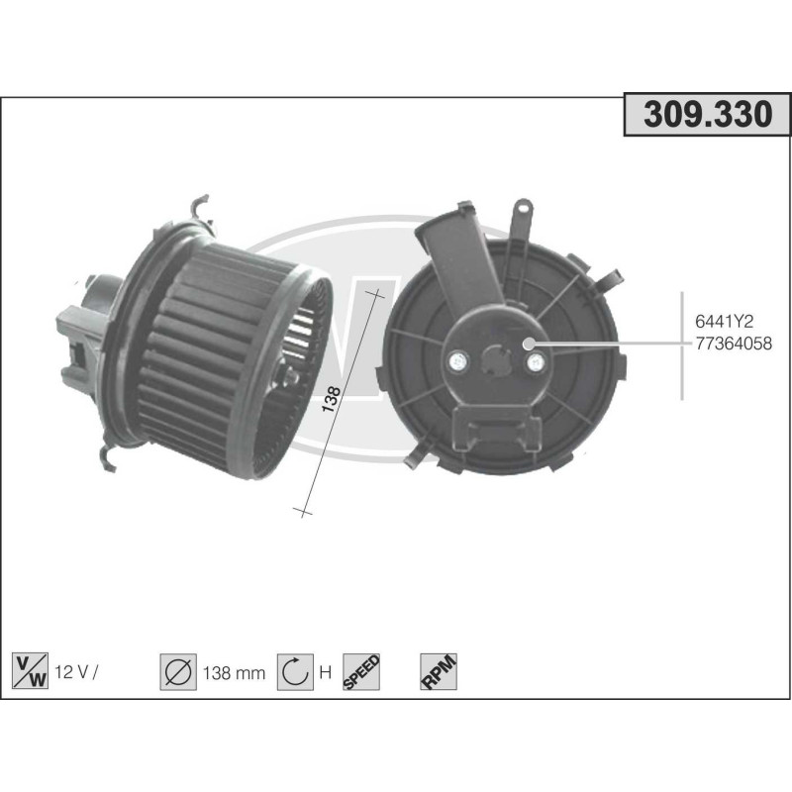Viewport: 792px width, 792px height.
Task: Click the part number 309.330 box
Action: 707,116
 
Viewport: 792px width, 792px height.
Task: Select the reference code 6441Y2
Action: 726,323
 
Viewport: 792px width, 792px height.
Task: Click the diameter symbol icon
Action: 178,672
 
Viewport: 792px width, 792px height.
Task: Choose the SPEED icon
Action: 361,672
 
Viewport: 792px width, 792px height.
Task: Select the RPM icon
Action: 437,672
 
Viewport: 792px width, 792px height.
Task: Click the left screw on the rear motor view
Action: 459,362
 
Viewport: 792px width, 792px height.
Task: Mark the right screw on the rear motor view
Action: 536,362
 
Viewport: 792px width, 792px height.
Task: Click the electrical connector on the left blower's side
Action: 77,342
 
